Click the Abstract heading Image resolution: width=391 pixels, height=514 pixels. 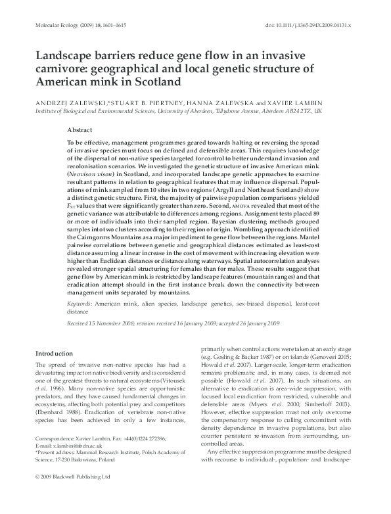pyautogui.click(x=80, y=131)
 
